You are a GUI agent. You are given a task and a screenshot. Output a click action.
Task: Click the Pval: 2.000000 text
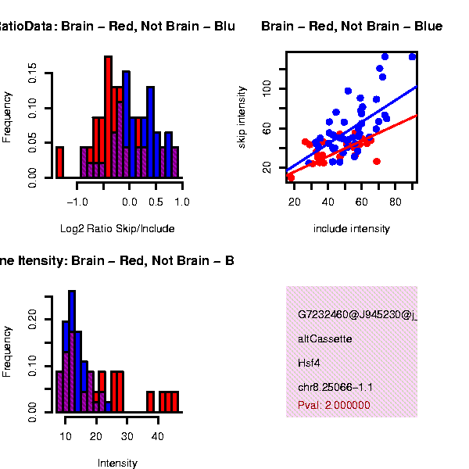[334, 405]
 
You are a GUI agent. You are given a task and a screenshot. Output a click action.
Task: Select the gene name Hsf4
[310, 363]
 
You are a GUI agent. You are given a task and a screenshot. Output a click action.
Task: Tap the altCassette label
[325, 339]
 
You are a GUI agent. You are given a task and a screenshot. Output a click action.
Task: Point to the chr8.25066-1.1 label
[335, 387]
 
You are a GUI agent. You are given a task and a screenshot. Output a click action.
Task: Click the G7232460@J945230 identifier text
[356, 315]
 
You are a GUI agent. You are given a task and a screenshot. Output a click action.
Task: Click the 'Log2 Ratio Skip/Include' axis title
[117, 229]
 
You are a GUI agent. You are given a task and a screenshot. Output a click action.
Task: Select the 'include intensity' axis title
[351, 229]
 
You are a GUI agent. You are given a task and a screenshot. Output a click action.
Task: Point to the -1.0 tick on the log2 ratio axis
[77, 202]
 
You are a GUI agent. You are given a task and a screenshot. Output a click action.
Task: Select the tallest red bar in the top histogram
[108, 117]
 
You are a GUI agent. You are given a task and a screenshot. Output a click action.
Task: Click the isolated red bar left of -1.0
[59, 163]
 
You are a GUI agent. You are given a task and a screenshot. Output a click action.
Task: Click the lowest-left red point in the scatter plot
[291, 177]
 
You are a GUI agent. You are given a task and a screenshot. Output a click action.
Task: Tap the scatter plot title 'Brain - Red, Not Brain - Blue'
[352, 27]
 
